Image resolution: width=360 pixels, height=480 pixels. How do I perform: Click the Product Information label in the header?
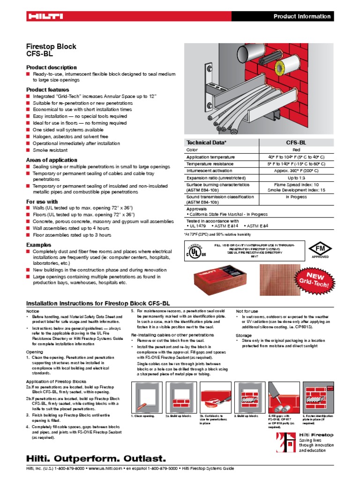(x=302, y=16)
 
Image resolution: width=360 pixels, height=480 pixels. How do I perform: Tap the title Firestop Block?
(x=51, y=47)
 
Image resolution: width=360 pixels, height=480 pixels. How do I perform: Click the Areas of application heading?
(x=52, y=160)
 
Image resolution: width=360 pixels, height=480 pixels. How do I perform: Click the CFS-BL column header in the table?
(x=296, y=142)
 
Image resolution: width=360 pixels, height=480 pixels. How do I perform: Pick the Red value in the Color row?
(x=296, y=150)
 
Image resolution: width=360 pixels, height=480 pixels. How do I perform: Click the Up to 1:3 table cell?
(x=296, y=178)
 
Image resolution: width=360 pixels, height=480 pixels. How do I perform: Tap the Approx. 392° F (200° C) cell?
(x=296, y=171)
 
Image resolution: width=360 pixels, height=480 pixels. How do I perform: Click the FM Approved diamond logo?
(x=320, y=249)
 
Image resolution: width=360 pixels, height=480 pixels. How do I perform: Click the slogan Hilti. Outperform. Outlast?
(x=96, y=457)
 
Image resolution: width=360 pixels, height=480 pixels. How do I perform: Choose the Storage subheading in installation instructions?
(x=243, y=336)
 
